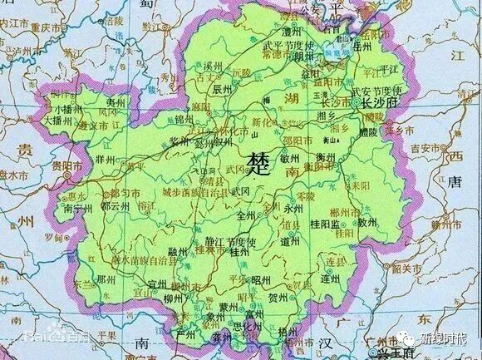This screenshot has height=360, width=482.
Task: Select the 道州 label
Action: pyautogui.click(x=291, y=242)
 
